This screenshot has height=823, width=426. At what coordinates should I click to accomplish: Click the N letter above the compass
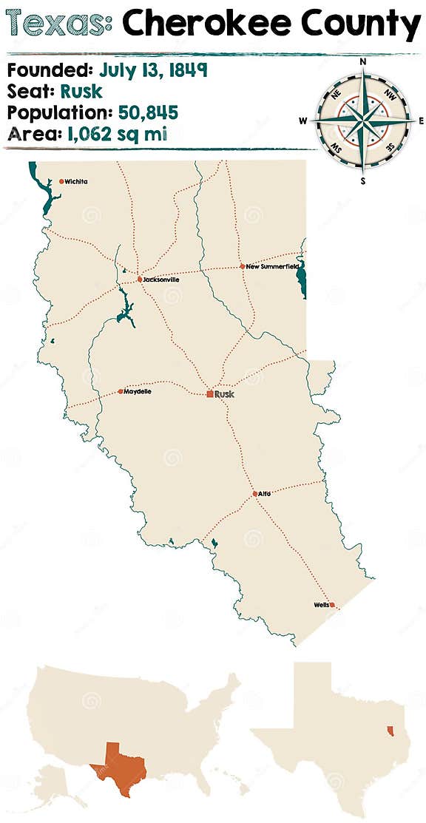tap(362, 62)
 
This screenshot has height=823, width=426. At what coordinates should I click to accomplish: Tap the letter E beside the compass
tap(421, 121)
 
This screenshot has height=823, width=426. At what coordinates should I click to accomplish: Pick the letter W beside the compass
tap(303, 121)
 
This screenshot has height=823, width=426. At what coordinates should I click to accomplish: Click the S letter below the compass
tap(362, 180)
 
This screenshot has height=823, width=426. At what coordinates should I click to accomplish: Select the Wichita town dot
tap(61, 181)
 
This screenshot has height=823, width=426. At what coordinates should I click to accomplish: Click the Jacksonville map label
tap(161, 280)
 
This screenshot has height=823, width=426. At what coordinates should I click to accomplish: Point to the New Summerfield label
tap(273, 266)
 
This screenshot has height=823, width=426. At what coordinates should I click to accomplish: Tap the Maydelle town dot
tap(121, 391)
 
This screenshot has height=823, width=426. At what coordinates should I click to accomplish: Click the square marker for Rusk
tap(210, 394)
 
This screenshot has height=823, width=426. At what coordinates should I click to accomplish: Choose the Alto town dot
tap(254, 493)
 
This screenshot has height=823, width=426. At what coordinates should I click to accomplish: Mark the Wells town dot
tap(332, 605)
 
